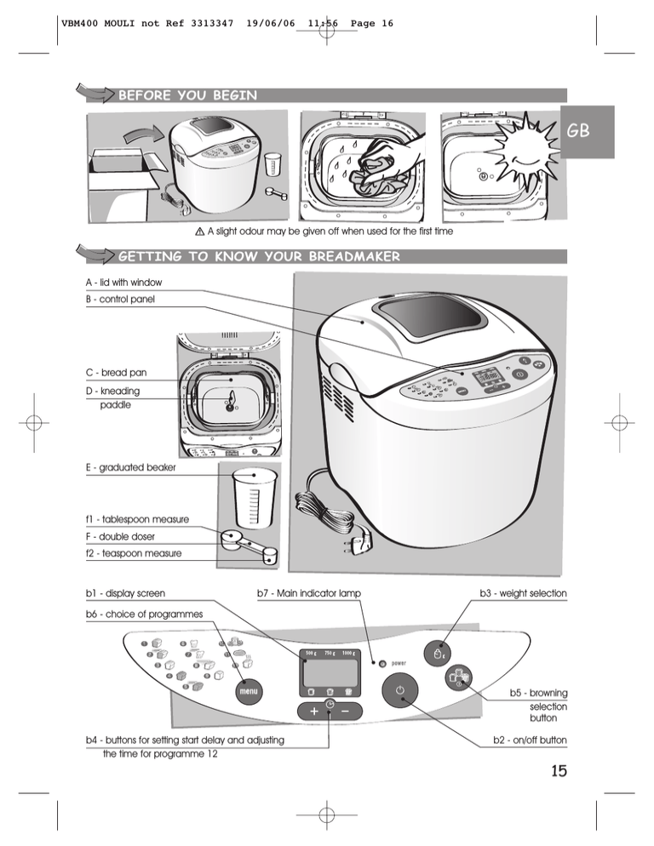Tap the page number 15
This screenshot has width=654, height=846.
(557, 771)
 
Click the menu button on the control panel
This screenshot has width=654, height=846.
(248, 691)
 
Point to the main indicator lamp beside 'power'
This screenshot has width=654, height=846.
(381, 662)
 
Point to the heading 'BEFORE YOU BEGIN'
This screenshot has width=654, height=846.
(187, 95)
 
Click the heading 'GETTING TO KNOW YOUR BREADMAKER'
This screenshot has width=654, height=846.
(258, 256)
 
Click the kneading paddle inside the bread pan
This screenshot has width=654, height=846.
(229, 404)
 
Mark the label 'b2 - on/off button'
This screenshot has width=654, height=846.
(530, 740)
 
